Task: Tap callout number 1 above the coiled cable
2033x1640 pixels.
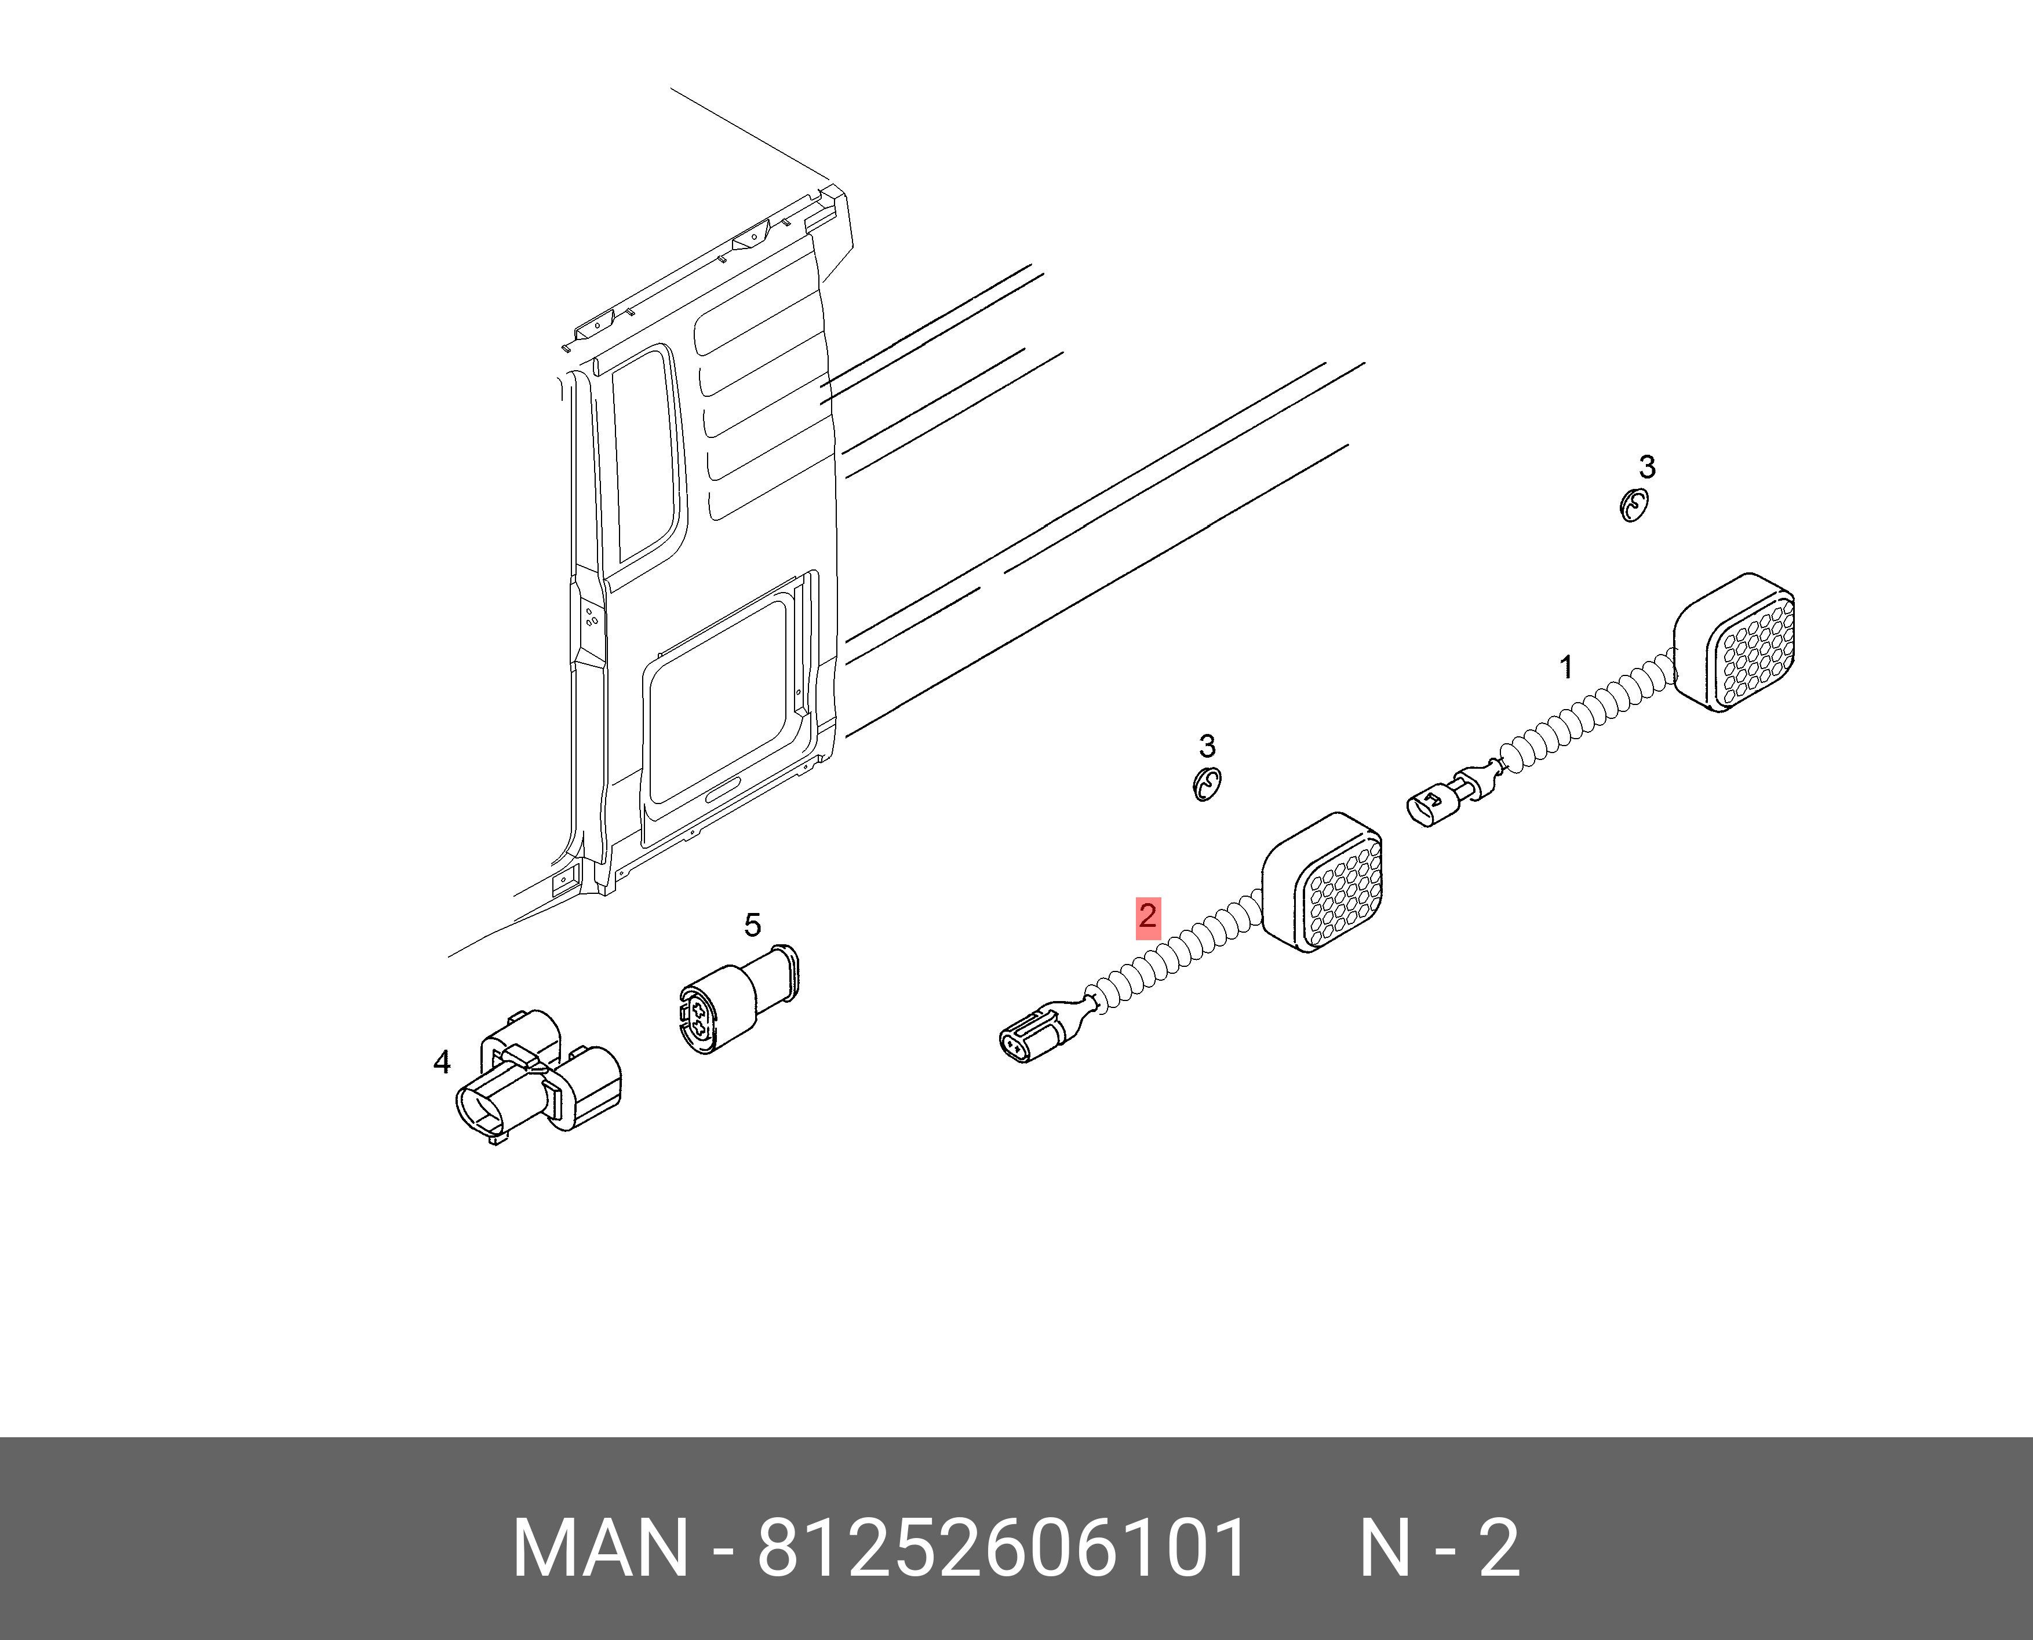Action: click(1566, 667)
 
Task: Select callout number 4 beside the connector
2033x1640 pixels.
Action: click(442, 1063)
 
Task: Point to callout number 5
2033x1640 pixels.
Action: click(752, 925)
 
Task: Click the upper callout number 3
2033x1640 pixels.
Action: click(1648, 467)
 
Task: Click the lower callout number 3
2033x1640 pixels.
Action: click(1207, 746)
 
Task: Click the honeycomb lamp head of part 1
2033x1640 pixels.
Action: click(1735, 642)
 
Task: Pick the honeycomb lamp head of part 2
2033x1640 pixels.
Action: click(1323, 882)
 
